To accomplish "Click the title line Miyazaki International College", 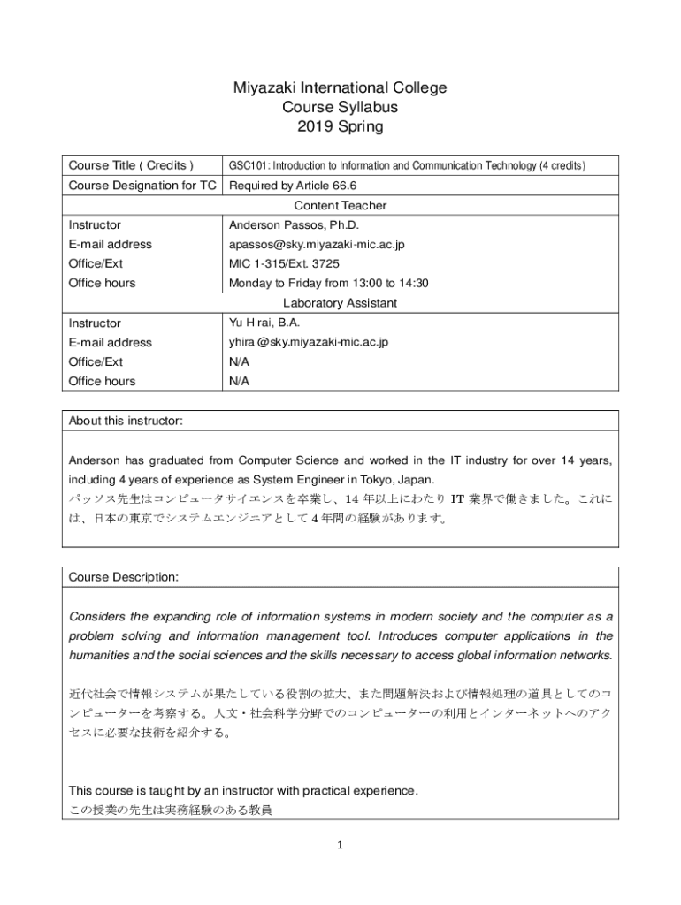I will coord(340,87).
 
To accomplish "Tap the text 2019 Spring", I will coord(340,126).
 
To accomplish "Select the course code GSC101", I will coord(245,166).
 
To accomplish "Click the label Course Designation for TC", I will coord(144,186).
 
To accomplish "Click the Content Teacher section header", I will coord(340,205).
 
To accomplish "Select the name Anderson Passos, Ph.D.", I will coord(291,224).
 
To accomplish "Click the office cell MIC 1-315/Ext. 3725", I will coord(284,263).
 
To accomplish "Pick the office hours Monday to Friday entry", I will coord(328,283).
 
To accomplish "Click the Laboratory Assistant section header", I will coord(340,303).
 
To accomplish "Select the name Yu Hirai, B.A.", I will coord(264,323).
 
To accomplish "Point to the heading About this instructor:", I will coord(126,421).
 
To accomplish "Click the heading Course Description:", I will coord(124,577).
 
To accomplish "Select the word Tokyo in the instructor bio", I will coord(375,480).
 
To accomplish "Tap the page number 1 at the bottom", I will coord(340,845).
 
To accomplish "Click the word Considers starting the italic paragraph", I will coord(96,616).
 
